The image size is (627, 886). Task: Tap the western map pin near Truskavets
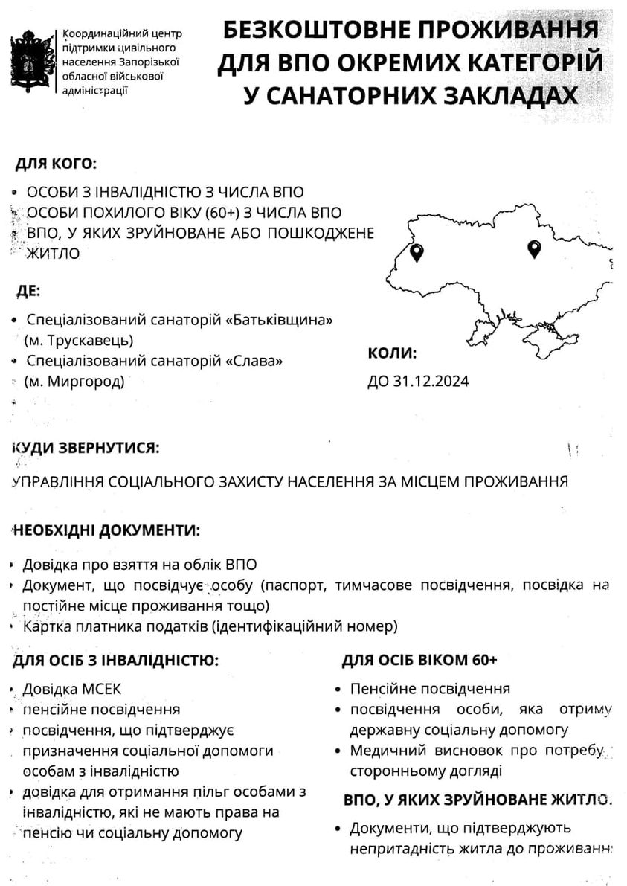coord(417,253)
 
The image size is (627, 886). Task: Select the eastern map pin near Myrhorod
coord(533,249)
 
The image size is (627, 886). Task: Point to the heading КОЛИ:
coord(392,353)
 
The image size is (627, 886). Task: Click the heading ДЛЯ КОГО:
coord(56,163)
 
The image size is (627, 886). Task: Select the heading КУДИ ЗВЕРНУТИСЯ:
coord(85,448)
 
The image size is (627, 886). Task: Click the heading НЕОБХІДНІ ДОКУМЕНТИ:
coord(106,530)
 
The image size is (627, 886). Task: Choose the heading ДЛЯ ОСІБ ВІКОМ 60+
coord(419,661)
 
